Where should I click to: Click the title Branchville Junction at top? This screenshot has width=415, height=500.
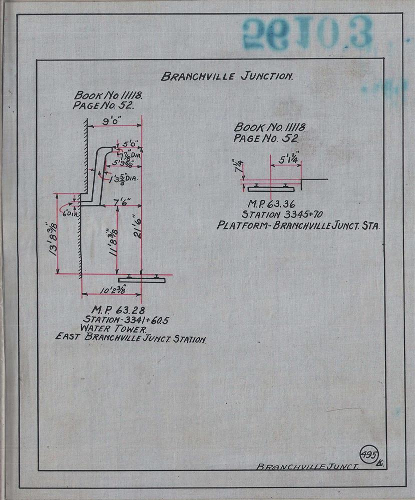[x=226, y=76]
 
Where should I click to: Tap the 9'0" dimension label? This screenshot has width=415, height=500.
[x=114, y=122]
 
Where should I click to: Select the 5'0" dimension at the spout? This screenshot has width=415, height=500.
[x=130, y=143]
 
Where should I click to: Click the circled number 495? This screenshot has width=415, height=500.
[x=368, y=455]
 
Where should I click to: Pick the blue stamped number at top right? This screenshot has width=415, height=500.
[x=307, y=31]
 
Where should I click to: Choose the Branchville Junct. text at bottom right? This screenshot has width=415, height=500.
[x=308, y=466]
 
